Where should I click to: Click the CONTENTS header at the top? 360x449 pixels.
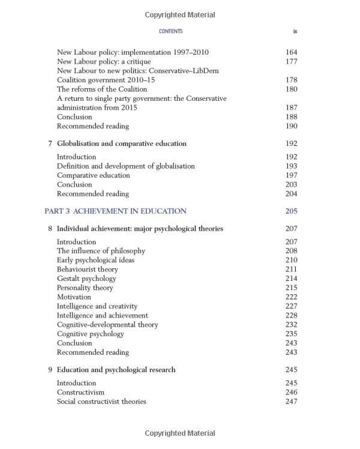(x=170, y=31)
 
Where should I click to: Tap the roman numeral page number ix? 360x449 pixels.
(x=295, y=31)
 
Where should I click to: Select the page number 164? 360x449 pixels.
(x=291, y=52)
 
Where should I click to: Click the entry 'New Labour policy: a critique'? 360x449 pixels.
(x=104, y=61)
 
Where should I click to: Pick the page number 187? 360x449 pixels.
(x=291, y=107)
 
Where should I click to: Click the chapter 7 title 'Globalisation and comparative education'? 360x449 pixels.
(x=121, y=144)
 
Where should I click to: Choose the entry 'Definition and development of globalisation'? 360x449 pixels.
(x=125, y=166)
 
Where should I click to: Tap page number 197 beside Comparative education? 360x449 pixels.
(x=291, y=175)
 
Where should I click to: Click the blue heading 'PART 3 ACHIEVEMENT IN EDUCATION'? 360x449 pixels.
(x=115, y=211)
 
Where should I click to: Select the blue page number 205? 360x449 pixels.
(x=291, y=211)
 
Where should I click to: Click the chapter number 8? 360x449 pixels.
(x=50, y=229)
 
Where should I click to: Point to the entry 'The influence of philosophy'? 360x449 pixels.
(x=101, y=251)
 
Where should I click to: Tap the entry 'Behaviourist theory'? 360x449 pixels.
(x=88, y=270)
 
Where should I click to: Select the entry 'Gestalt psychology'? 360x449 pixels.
(x=86, y=279)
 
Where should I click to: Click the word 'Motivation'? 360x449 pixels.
(x=74, y=297)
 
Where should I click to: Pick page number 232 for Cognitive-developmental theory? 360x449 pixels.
(x=291, y=325)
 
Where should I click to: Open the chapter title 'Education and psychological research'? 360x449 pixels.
(x=116, y=370)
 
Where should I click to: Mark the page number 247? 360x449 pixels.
(x=291, y=402)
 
